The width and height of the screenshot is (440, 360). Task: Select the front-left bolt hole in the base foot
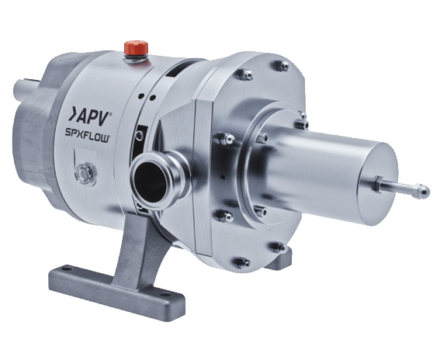66,268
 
